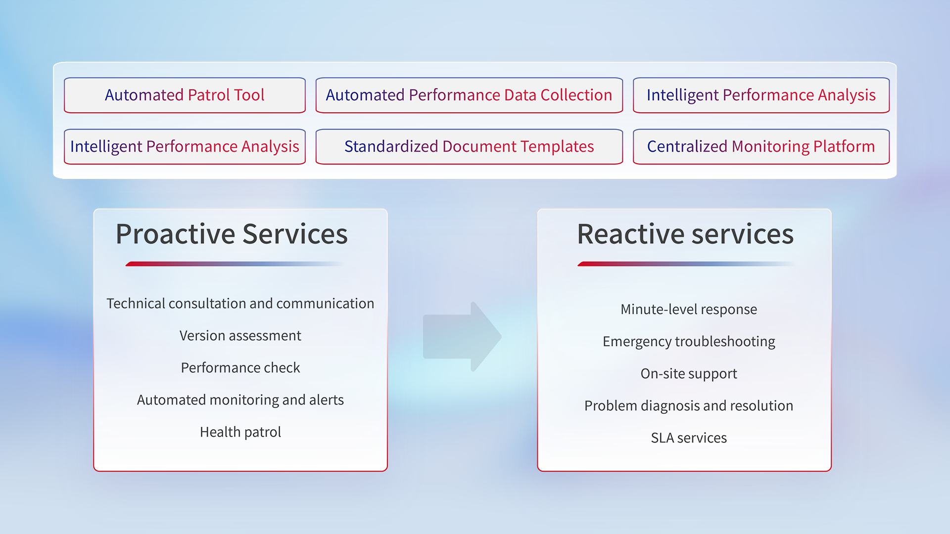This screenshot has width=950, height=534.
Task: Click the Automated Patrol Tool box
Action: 185,95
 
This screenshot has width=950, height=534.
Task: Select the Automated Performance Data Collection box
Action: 469,95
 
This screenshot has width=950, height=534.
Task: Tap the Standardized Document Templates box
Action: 469,146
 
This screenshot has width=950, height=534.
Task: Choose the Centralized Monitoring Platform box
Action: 760,146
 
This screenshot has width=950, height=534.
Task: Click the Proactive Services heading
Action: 232,234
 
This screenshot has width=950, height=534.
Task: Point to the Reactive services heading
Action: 685,234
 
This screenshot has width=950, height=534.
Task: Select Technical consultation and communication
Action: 240,304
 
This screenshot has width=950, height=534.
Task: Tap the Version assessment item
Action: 240,336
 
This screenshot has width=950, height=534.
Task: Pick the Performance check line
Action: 240,368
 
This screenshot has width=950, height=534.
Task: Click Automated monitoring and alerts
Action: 240,400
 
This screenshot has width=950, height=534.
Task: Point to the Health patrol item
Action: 240,432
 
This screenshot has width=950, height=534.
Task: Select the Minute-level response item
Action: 688,310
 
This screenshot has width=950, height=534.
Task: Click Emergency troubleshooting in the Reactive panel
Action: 688,342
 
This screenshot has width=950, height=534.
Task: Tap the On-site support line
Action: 688,374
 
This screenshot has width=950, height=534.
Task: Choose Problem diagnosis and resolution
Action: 688,406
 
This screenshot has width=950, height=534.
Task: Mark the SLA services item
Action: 688,438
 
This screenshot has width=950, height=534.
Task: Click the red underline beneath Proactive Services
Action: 198,264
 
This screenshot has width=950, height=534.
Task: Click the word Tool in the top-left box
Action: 249,95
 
